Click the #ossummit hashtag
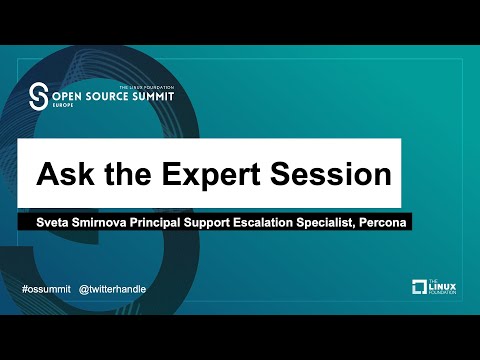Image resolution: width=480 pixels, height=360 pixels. (47, 288)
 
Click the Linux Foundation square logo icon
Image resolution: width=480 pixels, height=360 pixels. (420, 288)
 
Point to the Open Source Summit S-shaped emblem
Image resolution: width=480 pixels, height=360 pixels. (39, 96)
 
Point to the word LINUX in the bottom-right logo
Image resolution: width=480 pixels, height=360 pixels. (443, 288)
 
